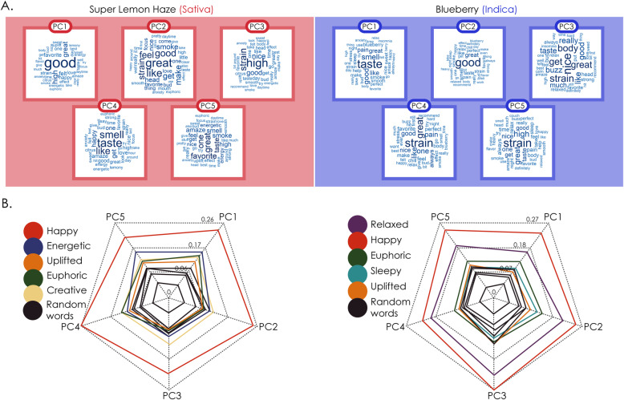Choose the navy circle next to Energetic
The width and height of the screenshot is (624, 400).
[x=30, y=251]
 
